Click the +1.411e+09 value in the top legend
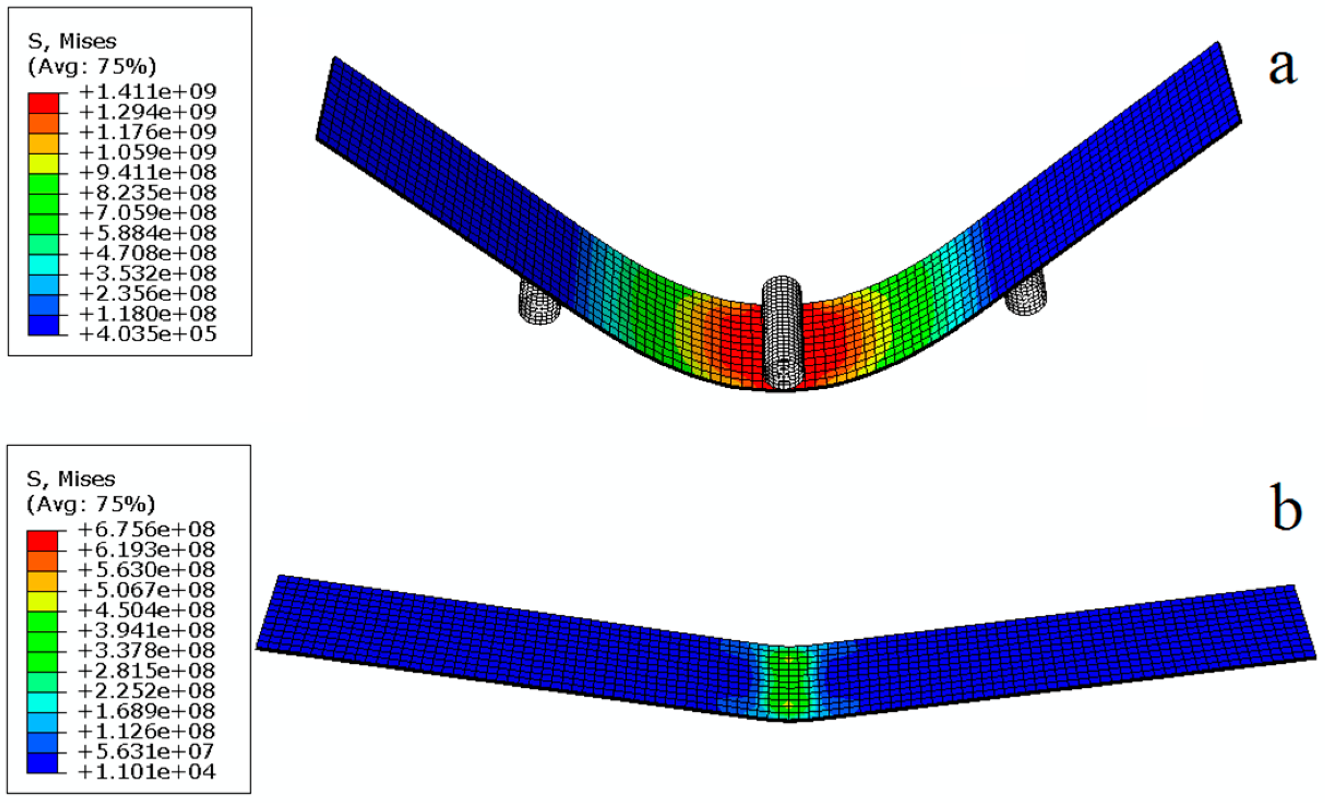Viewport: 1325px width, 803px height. pyautogui.click(x=148, y=91)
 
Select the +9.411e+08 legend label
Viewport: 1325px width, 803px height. pyautogui.click(x=148, y=172)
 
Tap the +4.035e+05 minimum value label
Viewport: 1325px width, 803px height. pyautogui.click(x=148, y=334)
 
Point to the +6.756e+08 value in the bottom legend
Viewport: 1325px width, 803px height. pyautogui.click(x=147, y=529)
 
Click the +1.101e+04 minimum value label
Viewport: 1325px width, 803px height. pyautogui.click(x=147, y=772)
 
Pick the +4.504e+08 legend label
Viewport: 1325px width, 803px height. pyautogui.click(x=147, y=610)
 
